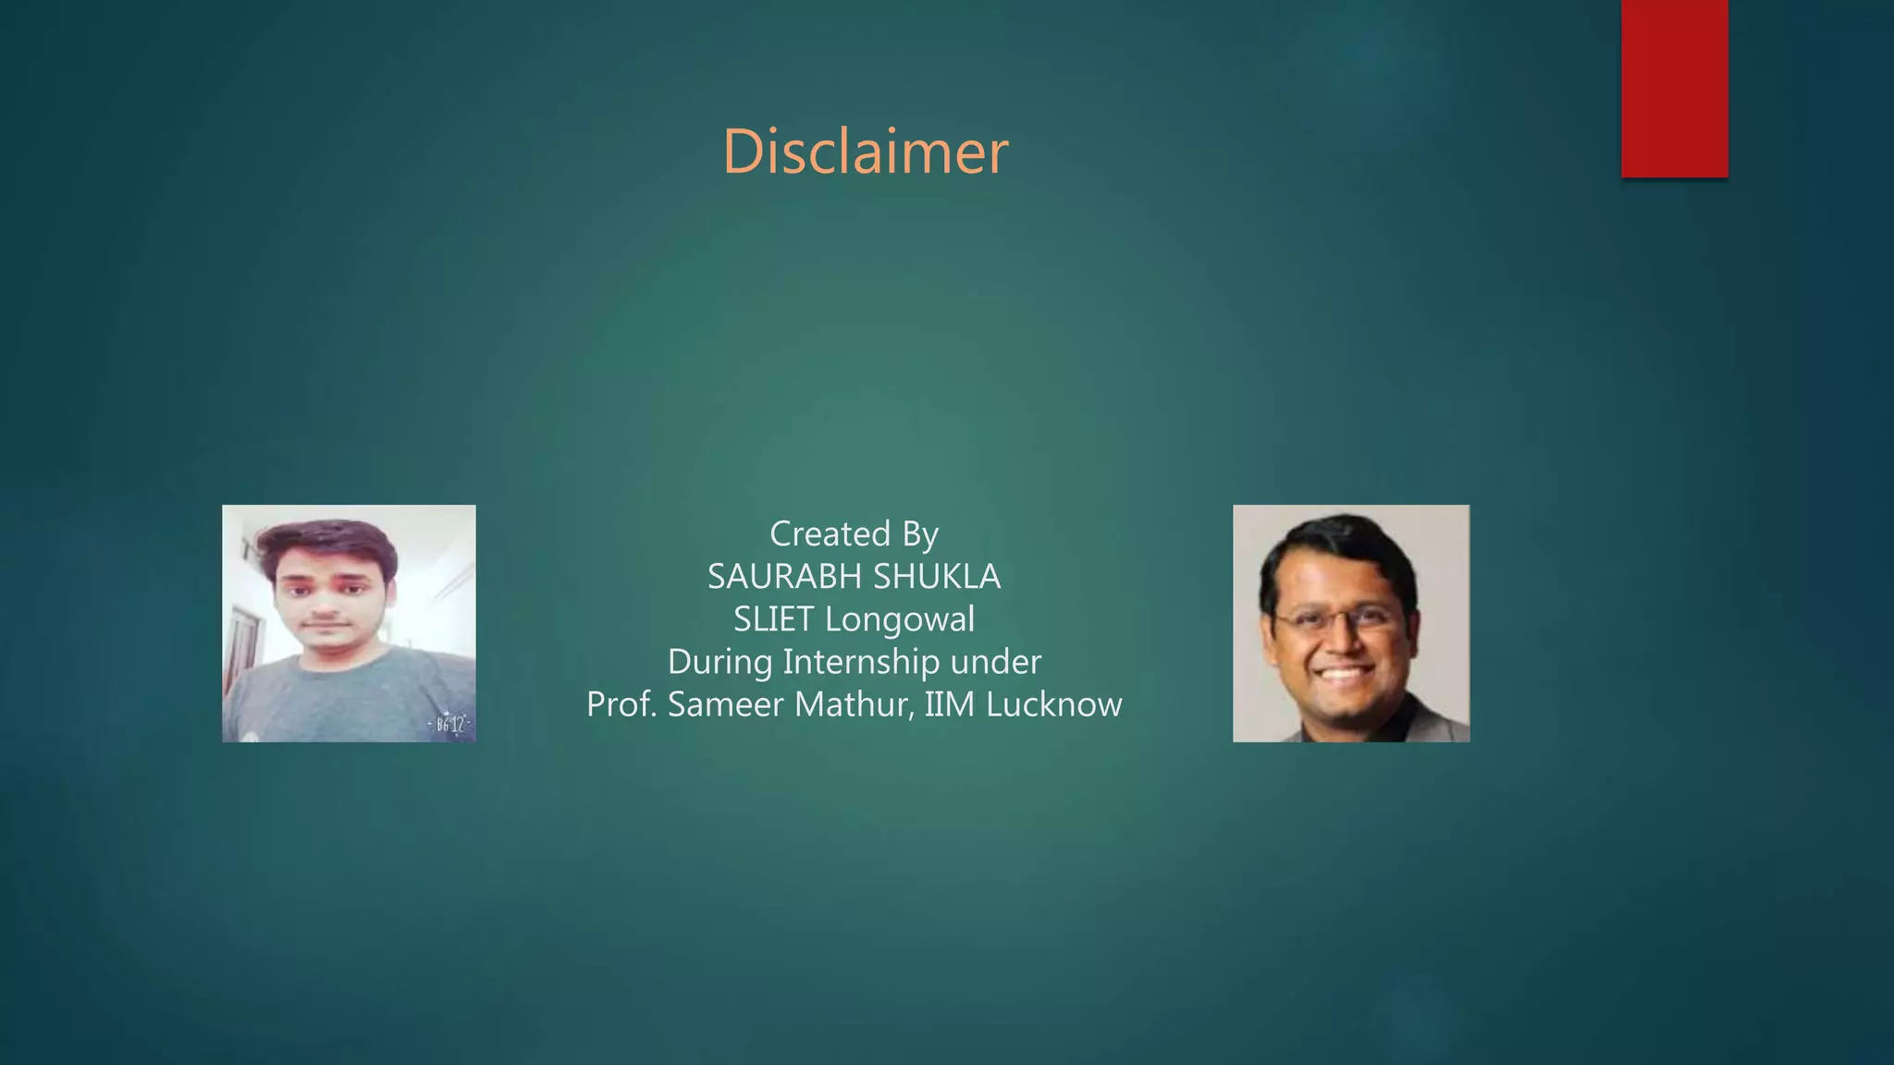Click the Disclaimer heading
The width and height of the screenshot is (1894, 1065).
click(x=865, y=152)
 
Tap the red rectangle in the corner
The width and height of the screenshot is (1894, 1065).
click(x=1674, y=89)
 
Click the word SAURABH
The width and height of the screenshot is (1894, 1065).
click(x=785, y=577)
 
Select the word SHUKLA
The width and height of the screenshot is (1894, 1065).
click(x=937, y=577)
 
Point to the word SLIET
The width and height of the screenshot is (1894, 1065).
click(x=773, y=619)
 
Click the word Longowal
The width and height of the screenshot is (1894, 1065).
click(x=900, y=619)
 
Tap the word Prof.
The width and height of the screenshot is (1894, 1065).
click(x=621, y=705)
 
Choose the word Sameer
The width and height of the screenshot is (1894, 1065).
click(x=726, y=705)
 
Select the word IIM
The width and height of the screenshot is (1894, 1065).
click(x=950, y=705)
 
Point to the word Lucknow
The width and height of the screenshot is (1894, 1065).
click(x=1054, y=705)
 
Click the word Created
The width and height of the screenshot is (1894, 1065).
click(x=830, y=534)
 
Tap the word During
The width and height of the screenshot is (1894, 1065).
click(x=719, y=663)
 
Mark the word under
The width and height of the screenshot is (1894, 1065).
click(x=1002, y=663)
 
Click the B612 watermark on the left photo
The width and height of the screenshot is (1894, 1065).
click(x=450, y=724)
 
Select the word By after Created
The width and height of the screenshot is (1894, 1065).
click(x=919, y=534)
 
